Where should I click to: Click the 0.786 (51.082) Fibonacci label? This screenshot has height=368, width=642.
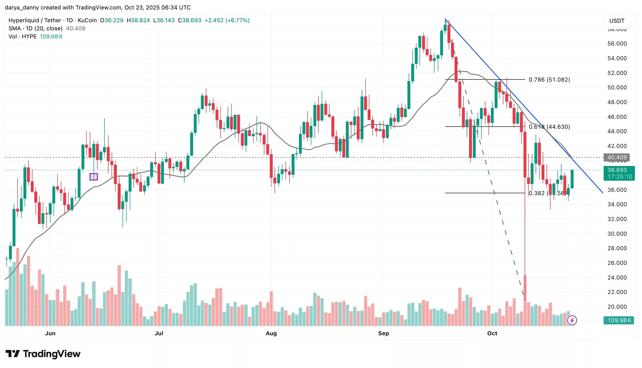tap(549, 80)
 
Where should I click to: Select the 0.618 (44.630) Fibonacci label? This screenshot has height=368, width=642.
tap(549, 127)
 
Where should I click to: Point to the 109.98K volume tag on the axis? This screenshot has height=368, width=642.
tap(619, 320)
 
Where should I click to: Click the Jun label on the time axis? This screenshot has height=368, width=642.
tap(50, 333)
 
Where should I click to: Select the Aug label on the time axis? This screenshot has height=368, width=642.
tap(271, 333)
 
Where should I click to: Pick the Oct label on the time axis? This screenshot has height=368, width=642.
tap(492, 333)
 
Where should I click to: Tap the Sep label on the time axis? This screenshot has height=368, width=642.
tap(383, 333)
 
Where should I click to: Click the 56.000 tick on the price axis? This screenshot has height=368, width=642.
tap(617, 44)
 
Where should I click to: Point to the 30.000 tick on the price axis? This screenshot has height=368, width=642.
tap(617, 234)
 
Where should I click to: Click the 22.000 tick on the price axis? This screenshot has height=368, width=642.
tap(617, 292)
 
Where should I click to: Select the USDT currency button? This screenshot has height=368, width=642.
tap(617, 21)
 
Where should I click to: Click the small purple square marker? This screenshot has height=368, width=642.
tap(94, 176)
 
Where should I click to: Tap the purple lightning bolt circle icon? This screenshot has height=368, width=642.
tap(572, 320)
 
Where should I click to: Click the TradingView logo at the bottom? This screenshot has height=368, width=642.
tap(43, 354)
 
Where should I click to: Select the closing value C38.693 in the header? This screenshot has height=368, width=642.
tap(190, 20)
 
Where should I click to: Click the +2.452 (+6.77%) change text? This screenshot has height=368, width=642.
tap(227, 20)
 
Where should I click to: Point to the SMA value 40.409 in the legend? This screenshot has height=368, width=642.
tap(76, 28)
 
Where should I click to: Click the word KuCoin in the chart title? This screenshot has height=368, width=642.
tap(87, 20)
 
